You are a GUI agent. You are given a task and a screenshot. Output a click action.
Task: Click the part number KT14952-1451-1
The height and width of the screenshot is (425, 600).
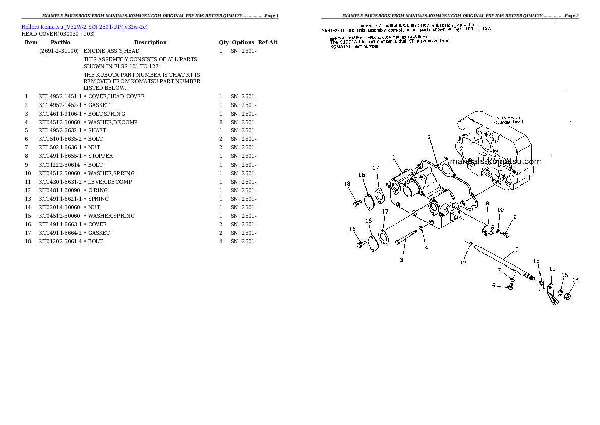[60, 96]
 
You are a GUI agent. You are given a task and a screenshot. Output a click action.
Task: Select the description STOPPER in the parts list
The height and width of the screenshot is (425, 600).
[100, 156]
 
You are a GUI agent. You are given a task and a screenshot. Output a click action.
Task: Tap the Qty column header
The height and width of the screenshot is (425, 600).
[224, 42]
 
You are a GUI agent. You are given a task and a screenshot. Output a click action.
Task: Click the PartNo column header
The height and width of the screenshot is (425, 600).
[61, 42]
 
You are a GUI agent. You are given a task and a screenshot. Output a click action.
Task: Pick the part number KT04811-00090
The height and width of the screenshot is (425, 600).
[59, 190]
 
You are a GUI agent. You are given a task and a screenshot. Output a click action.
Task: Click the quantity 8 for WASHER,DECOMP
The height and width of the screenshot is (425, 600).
[221, 122]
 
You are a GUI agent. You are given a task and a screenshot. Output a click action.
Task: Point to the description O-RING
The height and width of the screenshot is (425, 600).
[98, 190]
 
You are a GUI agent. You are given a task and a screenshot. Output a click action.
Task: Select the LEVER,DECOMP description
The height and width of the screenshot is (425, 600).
[110, 182]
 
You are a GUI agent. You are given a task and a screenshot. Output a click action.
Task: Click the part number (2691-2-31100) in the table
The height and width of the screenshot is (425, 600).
[58, 51]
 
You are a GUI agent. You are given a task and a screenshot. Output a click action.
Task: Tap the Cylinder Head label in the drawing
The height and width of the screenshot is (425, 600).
[508, 122]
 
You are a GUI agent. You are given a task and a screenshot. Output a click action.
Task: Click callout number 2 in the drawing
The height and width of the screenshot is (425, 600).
[429, 137]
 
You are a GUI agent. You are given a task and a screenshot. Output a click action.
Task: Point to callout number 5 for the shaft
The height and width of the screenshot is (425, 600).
[516, 249]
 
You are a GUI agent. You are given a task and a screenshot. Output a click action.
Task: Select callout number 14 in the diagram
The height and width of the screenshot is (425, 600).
[575, 280]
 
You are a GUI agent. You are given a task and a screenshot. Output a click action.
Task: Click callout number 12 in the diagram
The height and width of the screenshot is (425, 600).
[463, 262]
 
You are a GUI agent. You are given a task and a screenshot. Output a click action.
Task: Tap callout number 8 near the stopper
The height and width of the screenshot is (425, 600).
[487, 203]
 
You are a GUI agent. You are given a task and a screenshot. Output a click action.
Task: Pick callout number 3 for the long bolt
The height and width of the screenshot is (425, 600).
[402, 260]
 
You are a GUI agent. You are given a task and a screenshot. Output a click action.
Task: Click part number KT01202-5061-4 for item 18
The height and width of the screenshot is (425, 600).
[60, 241]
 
